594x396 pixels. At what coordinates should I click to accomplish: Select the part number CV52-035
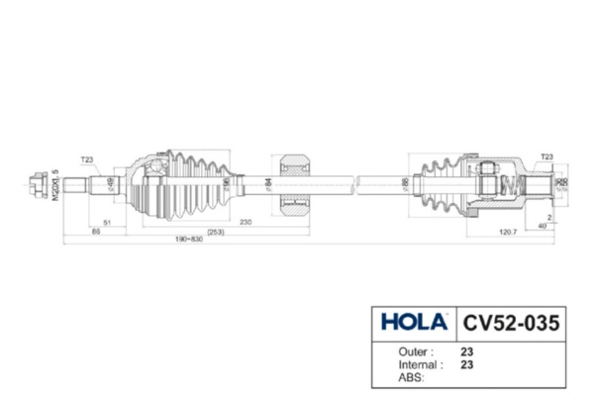click(512, 322)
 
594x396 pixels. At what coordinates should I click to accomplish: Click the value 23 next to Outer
click(466, 349)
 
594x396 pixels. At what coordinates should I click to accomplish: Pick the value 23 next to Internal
click(466, 363)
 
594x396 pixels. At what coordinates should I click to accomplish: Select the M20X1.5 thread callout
click(55, 184)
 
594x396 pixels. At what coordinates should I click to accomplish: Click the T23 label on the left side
click(87, 158)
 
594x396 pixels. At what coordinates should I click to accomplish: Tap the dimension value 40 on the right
click(542, 225)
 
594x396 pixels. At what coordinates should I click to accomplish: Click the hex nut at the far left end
click(39, 182)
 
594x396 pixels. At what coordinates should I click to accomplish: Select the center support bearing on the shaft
click(296, 183)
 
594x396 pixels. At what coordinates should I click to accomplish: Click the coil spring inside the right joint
click(510, 183)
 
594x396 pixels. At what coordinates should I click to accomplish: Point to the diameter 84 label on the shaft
click(268, 183)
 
